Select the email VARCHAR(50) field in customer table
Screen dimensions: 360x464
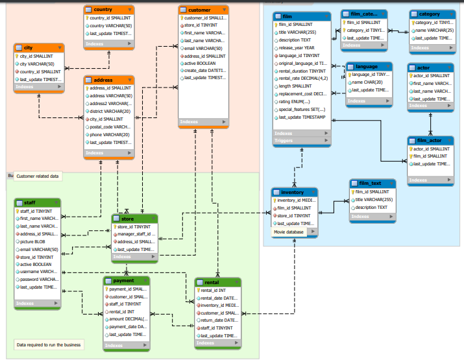203,48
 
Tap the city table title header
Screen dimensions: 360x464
38,48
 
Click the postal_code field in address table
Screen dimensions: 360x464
109,127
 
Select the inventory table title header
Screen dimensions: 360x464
294,192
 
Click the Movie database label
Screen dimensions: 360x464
288,232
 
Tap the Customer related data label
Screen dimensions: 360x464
37,176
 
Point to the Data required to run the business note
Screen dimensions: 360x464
49,345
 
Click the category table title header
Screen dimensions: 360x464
432,14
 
